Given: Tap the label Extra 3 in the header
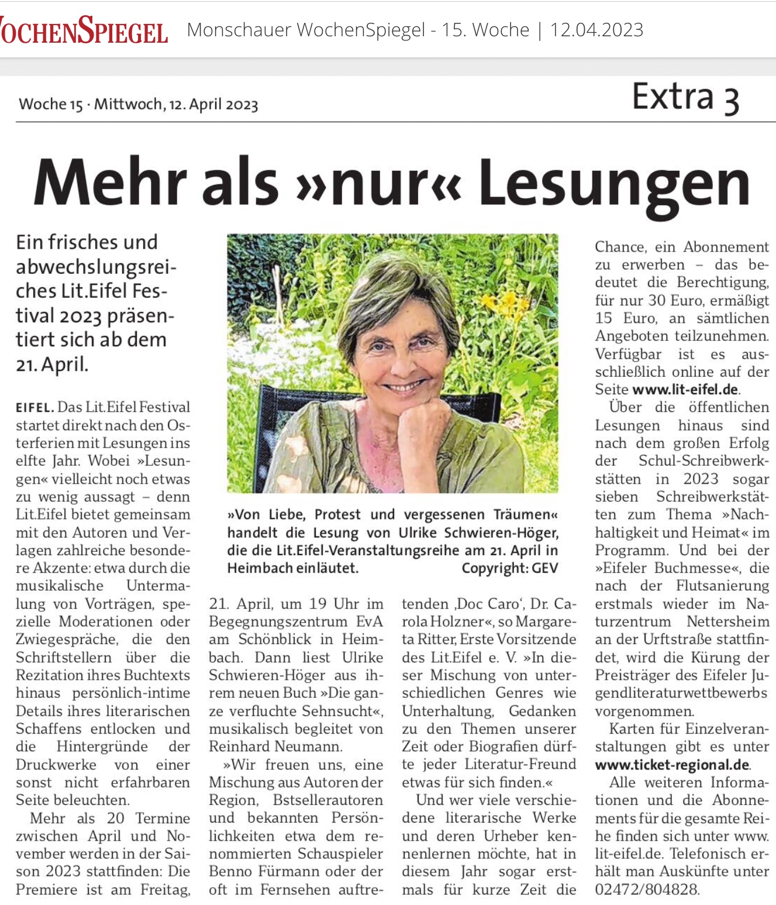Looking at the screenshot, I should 685,97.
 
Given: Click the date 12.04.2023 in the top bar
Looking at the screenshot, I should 596,30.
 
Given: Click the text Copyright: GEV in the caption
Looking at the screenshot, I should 509,568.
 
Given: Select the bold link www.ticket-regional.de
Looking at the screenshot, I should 672,765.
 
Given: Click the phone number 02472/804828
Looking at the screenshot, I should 647,890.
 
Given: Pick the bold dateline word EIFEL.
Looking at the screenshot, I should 35,407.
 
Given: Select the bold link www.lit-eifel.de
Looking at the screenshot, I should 685,390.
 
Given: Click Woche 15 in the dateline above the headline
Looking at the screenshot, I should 51,105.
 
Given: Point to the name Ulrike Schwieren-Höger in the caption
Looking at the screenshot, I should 478,533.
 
